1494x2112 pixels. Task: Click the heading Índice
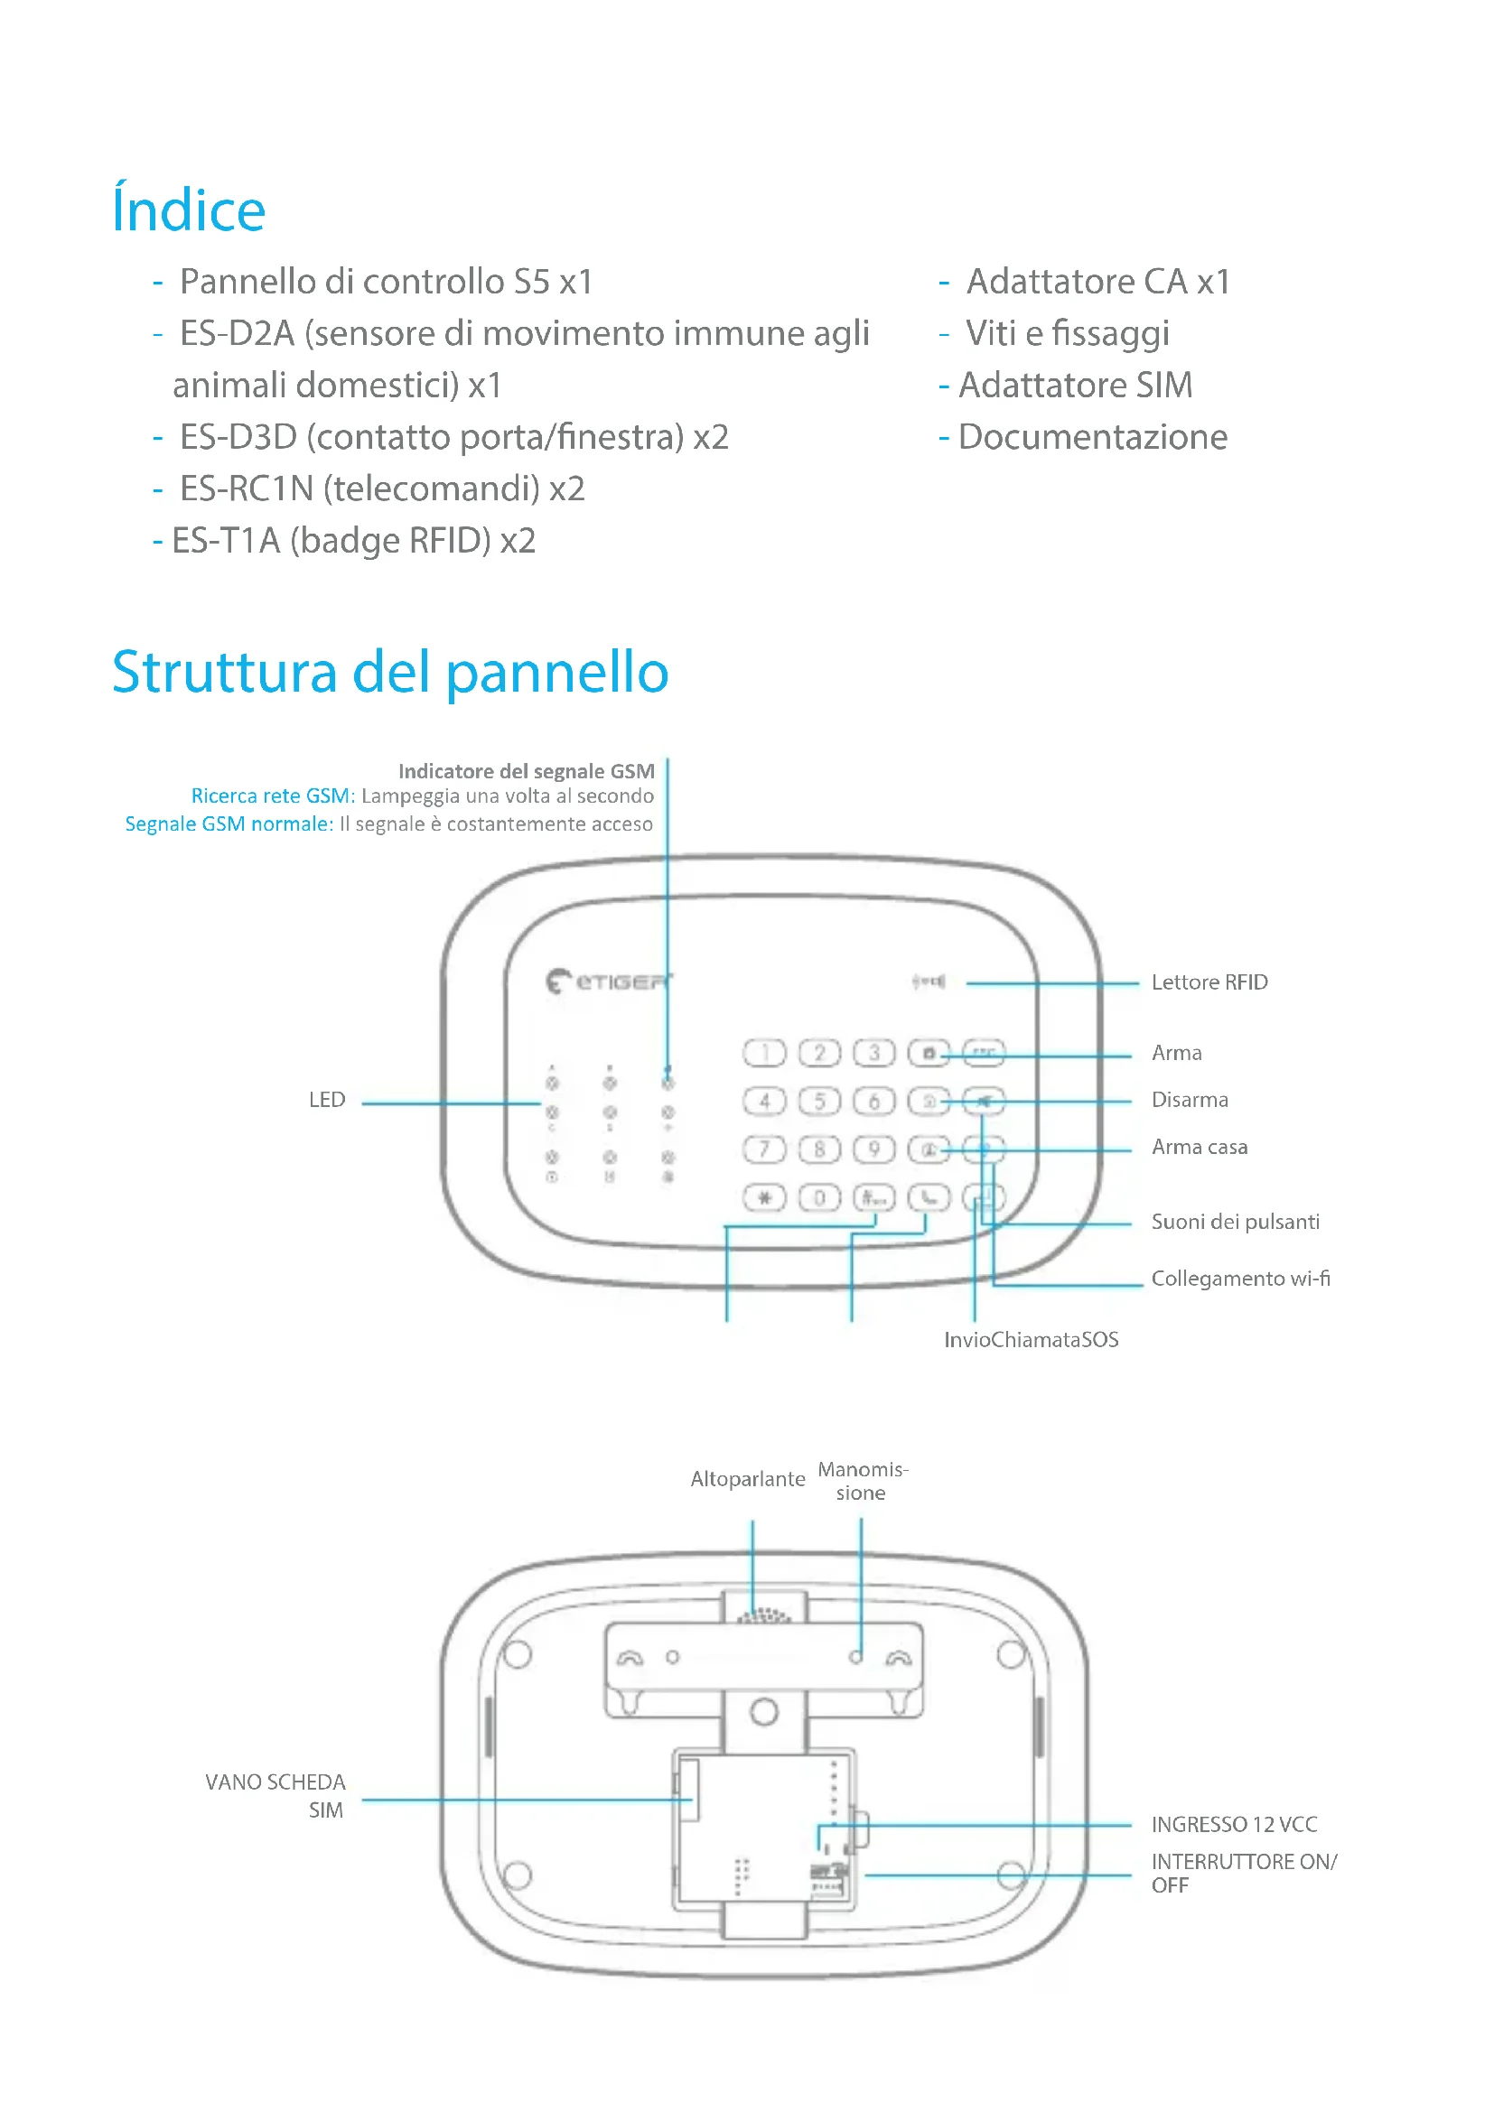(189, 209)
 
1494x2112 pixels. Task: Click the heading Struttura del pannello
(390, 672)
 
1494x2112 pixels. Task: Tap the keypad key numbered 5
(818, 1101)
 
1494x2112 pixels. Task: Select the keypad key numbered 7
(763, 1149)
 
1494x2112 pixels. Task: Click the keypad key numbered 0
(818, 1197)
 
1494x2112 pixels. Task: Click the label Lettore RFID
(1209, 982)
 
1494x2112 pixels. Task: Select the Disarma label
(1190, 1100)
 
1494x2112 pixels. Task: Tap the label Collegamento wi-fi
(1240, 1279)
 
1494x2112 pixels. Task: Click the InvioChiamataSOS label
(1032, 1339)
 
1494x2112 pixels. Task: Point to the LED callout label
(327, 1100)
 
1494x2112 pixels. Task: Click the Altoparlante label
(747, 1479)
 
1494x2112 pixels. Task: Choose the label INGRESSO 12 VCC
(1234, 1824)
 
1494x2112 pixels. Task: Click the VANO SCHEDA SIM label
(275, 1796)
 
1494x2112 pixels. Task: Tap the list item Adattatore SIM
(1075, 386)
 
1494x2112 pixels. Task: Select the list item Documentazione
(1092, 437)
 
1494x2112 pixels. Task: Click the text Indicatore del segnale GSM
(527, 771)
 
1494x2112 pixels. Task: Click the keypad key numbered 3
(874, 1052)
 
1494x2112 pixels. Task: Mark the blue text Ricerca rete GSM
(271, 795)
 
